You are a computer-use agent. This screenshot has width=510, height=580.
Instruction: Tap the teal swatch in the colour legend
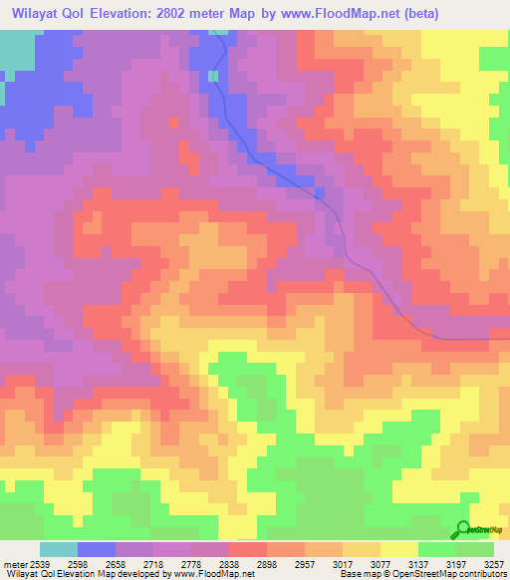58,550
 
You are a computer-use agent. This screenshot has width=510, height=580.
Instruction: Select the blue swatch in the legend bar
96,550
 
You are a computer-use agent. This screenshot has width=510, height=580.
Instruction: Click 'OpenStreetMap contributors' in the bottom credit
454,574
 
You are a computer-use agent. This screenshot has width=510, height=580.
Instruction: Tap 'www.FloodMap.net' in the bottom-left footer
206,574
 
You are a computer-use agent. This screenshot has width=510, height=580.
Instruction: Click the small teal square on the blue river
213,76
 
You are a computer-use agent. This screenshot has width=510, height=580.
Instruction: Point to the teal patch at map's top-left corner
14,50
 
